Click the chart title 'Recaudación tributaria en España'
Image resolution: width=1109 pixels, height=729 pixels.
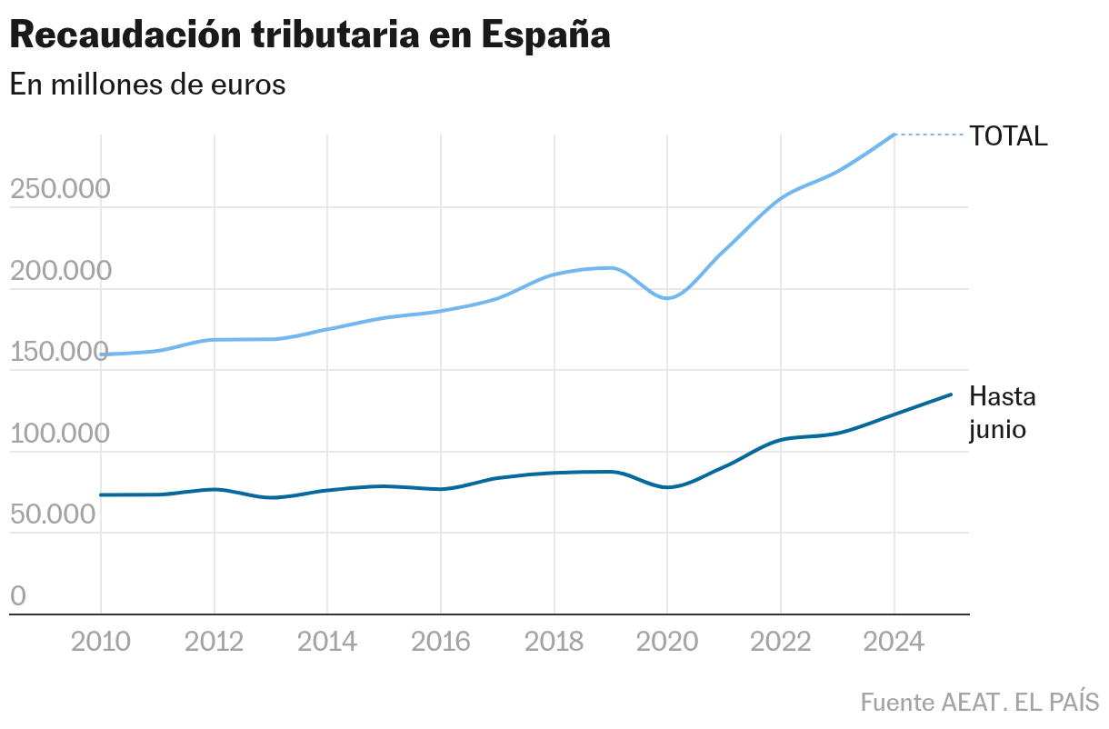(309, 35)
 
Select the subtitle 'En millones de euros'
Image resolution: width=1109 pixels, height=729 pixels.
(147, 85)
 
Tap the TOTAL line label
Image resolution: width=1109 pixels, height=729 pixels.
(1008, 136)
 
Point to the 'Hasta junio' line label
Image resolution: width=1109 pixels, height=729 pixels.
(1002, 413)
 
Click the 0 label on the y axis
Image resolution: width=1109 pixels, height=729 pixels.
(18, 596)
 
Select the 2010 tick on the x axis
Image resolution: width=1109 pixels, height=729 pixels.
(100, 642)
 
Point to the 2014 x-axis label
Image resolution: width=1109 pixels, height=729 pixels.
(327, 642)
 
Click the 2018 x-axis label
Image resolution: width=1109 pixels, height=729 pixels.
(554, 642)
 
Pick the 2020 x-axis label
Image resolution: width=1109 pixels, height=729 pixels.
(667, 642)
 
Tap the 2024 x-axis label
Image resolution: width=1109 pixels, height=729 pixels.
(894, 642)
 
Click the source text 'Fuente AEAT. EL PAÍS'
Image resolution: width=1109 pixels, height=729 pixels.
(979, 703)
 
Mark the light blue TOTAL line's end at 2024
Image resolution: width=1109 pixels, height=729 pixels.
(894, 135)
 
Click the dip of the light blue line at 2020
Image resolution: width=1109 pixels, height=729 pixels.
(667, 298)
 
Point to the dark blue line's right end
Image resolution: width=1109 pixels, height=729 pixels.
(951, 394)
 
